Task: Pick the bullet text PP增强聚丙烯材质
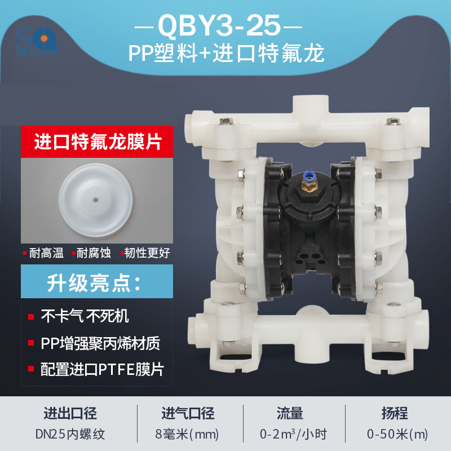coord(101,343)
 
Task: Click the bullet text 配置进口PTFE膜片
coord(102,370)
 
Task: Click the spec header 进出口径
coord(70,414)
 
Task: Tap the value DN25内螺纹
coord(70,434)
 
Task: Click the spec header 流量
coord(293,414)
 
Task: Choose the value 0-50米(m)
coord(397,434)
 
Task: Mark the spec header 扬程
coord(397,414)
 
